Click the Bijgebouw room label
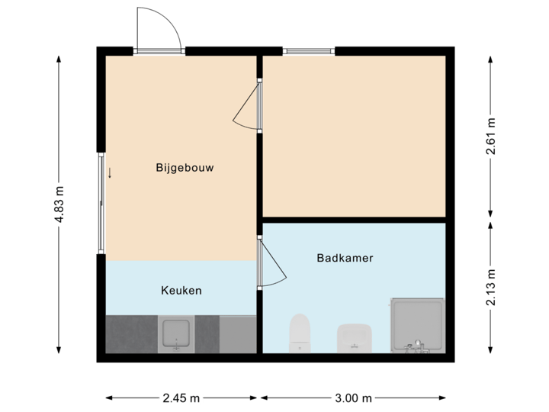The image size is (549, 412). pos(184,167)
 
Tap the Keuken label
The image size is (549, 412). pos(181,291)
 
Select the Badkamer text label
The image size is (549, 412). pos(345,258)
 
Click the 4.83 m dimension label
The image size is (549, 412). pos(59,204)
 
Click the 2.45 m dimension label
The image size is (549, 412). pos(181,398)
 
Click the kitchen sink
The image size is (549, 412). pos(177,334)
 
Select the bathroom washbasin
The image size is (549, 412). pos(354,336)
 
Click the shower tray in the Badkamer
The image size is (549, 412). pos(416,325)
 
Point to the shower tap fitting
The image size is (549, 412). pos(416,346)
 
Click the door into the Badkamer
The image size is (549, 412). pos(271,262)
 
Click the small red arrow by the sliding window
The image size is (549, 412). pos(110,172)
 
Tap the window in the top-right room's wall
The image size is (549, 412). pos(309,51)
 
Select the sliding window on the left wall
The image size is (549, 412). pos(100,203)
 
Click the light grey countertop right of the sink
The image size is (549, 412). pos(237,334)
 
